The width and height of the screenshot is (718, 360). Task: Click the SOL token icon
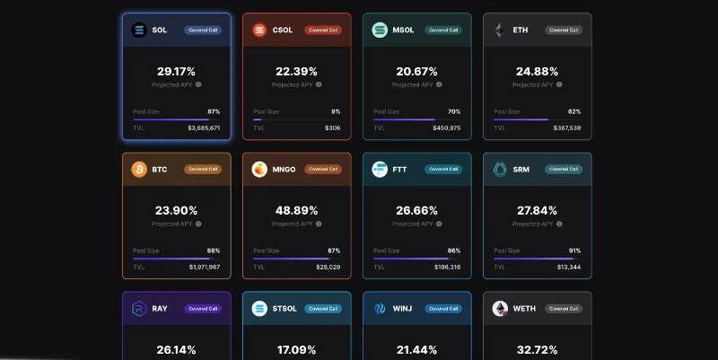point(139,30)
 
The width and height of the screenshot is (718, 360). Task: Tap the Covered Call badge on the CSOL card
point(322,30)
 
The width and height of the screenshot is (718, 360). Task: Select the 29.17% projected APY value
point(176,71)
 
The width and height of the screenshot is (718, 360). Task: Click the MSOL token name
point(404,30)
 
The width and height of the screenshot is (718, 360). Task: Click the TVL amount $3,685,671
point(204,128)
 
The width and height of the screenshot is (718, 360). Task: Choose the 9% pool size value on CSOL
point(336,111)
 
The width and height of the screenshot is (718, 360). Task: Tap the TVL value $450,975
point(446,128)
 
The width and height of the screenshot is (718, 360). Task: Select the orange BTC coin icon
point(139,169)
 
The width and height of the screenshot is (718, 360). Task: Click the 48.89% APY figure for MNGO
point(296,210)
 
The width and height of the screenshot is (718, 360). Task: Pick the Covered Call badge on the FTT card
point(443,169)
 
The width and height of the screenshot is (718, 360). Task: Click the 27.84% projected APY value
point(537,210)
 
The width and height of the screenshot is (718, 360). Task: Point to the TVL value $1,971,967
point(205,268)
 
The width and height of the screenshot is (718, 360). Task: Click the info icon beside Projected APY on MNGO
point(319,224)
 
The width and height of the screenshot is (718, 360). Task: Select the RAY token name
point(160,308)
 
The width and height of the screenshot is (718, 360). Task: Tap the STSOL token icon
point(259,308)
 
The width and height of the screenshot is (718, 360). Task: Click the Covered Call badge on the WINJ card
point(443,308)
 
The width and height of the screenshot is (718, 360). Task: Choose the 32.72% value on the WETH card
point(537,349)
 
